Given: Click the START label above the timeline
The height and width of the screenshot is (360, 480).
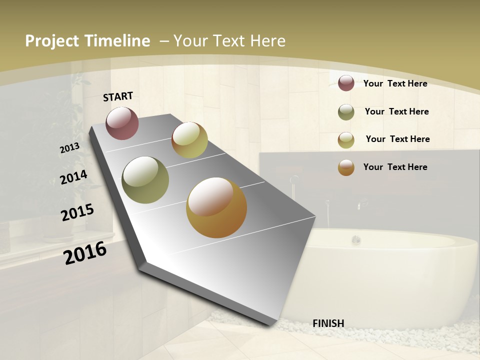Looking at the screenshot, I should point(118,96).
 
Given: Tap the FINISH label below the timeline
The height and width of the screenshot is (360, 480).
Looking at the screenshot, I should point(328,323).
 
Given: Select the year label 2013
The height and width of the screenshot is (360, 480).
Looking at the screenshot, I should point(69,148).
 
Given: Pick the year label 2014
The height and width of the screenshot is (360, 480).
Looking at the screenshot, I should point(73,177).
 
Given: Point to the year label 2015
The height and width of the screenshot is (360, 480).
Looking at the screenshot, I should point(77,212).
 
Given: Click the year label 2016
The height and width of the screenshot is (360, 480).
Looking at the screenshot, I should point(85,253).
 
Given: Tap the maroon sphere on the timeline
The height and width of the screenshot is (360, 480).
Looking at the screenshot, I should point(122,123).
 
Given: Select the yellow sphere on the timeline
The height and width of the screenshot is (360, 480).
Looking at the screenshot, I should point(189,140).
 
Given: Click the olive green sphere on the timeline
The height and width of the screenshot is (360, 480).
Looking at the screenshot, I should point(145,180).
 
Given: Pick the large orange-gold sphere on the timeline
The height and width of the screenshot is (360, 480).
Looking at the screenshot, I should point(216,207).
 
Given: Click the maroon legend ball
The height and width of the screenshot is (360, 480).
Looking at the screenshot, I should point(346,83).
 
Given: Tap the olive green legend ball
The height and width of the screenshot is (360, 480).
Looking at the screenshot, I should point(346,112).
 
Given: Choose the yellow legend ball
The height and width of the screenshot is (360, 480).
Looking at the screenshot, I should point(346,140).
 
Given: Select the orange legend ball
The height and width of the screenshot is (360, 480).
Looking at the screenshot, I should point(346,167).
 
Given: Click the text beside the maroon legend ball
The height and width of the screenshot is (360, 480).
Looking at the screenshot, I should point(395,83).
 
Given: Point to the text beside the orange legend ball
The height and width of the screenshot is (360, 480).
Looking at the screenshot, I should point(395,167).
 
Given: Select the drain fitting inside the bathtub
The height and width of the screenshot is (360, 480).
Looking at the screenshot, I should point(356,239).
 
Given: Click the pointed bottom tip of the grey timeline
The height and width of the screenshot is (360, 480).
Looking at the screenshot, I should point(272,324).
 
